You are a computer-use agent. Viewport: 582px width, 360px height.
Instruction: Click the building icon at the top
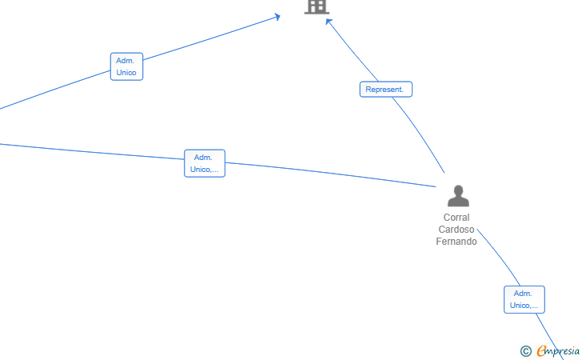click(317, 6)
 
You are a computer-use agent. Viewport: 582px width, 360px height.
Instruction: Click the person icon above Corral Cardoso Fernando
click(458, 196)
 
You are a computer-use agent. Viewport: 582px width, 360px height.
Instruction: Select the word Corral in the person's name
click(456, 218)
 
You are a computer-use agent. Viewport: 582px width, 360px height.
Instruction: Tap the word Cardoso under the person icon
click(456, 230)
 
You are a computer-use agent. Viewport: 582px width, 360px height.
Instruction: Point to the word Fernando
click(456, 242)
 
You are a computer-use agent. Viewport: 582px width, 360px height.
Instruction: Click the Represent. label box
click(386, 89)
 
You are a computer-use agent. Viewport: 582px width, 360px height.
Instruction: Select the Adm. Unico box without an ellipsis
click(126, 66)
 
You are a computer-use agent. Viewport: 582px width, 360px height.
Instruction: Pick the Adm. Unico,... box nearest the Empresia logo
click(524, 299)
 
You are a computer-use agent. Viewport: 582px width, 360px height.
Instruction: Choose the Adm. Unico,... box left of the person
click(205, 163)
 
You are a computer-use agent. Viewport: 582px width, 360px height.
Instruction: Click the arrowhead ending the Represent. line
click(328, 21)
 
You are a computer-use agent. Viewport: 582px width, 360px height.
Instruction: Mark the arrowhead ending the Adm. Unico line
click(277, 17)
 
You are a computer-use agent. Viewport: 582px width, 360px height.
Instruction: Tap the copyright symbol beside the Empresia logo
click(526, 351)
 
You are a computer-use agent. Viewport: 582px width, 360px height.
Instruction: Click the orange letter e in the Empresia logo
click(542, 350)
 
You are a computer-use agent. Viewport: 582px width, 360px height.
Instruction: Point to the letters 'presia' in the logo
click(566, 351)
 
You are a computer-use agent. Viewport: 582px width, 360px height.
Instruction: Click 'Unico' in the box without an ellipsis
click(126, 73)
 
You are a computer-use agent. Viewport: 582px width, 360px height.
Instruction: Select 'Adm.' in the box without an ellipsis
click(125, 61)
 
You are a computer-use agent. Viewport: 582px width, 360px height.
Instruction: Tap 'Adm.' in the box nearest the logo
click(523, 294)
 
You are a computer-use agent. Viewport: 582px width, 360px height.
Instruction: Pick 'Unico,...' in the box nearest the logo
click(524, 306)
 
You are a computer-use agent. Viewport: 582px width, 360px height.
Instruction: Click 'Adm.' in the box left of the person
click(203, 158)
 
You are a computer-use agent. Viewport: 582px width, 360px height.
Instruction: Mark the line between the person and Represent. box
click(421, 134)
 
